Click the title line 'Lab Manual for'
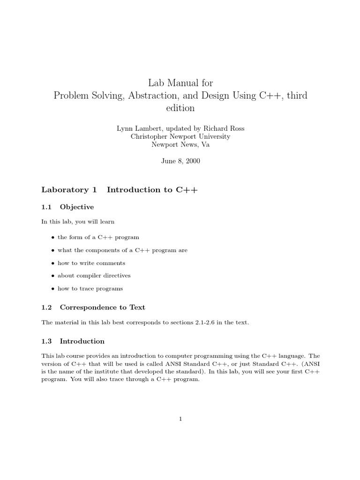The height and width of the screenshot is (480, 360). tap(180, 83)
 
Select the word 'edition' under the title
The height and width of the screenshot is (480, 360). tap(180, 108)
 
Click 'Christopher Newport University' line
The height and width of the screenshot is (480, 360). tap(180, 136)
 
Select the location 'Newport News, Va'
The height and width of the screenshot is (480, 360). tap(180, 144)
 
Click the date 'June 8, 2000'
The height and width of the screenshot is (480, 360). tap(180, 160)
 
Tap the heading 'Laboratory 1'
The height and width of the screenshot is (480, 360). tap(69, 190)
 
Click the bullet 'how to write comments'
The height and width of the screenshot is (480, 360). tap(91, 263)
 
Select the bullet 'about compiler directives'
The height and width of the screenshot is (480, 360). tap(94, 276)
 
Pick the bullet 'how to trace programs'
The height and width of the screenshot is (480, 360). tap(90, 288)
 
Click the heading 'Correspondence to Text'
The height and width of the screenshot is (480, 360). tap(103, 307)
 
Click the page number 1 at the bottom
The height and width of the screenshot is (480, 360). tap(180, 419)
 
